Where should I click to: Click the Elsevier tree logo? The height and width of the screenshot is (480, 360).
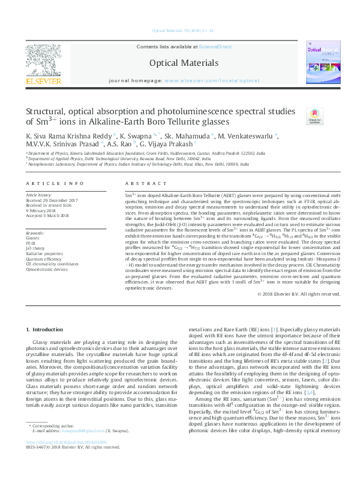pyautogui.click(x=43, y=63)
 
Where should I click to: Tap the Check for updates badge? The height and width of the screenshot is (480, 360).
pyautogui.click(x=315, y=115)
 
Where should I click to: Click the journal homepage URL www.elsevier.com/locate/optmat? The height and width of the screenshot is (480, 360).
pyautogui.click(x=206, y=80)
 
